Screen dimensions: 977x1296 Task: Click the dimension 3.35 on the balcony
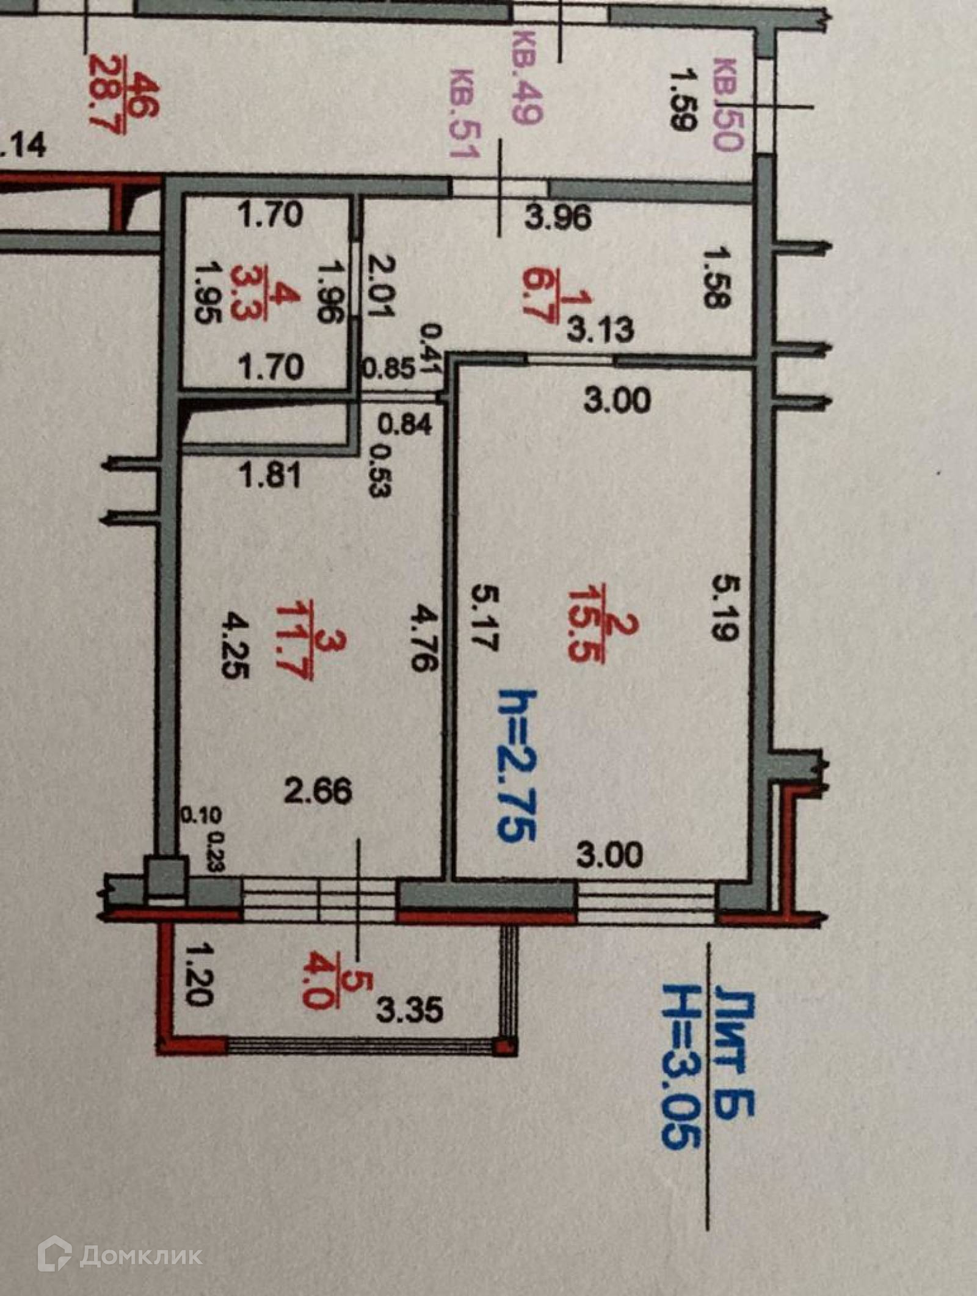tap(409, 1011)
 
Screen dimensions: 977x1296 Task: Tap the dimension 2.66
tap(318, 792)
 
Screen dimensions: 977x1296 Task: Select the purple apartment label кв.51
tap(462, 113)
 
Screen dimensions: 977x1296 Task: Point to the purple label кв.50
tap(730, 104)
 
